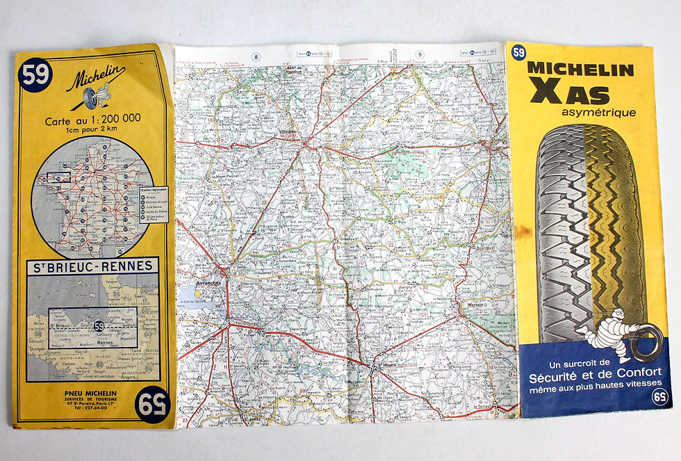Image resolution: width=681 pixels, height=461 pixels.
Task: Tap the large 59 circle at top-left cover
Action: pos(34,74)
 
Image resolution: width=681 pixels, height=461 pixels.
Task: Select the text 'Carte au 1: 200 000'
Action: pos(92,119)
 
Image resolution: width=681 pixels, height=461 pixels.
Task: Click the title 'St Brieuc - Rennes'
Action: pos(93,266)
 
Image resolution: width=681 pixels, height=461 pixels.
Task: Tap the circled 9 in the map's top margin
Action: pos(420,55)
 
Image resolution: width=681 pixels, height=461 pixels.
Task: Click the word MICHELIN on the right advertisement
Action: pos(580,70)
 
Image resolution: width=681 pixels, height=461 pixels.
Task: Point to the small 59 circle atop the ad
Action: pos(518,52)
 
